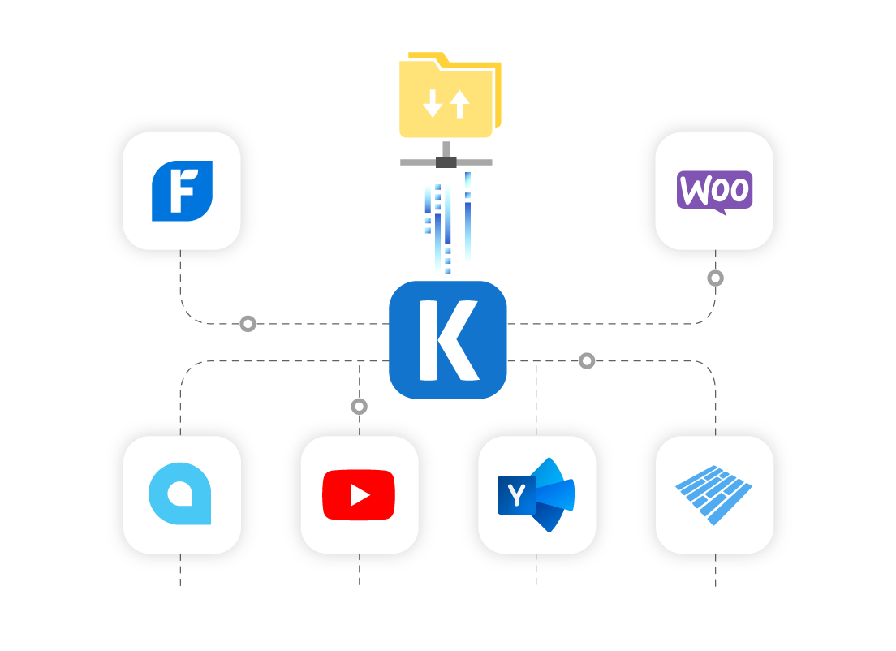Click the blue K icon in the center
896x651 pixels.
(448, 340)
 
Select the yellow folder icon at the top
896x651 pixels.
(449, 96)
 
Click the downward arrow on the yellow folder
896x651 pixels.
(433, 104)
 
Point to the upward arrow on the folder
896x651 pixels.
(460, 104)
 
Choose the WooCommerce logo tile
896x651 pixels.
(714, 191)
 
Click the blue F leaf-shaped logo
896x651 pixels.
(182, 191)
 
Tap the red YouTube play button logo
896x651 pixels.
(359, 494)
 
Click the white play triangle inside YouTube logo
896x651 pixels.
(360, 494)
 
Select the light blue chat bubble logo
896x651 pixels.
(180, 494)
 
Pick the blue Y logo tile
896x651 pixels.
(536, 494)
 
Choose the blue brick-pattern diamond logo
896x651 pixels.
(714, 494)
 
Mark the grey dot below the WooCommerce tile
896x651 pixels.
(715, 278)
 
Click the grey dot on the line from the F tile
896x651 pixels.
(248, 324)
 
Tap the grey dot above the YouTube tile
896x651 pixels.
(359, 406)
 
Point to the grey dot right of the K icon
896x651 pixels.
(587, 360)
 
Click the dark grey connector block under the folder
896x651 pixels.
(446, 162)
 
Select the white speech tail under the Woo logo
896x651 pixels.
(718, 211)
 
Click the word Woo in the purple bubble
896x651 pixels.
(714, 190)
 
